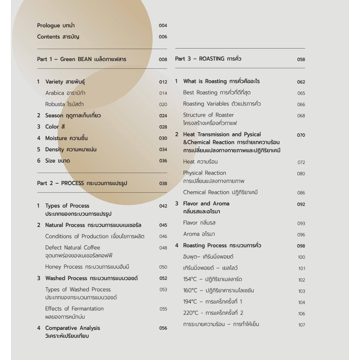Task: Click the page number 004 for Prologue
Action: click(163, 26)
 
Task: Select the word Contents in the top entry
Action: click(49, 37)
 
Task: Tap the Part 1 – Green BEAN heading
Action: click(82, 59)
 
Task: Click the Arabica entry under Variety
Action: click(65, 93)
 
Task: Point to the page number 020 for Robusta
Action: click(163, 104)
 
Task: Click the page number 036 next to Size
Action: click(163, 161)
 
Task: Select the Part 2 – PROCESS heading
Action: click(82, 183)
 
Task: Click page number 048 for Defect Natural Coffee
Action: click(163, 248)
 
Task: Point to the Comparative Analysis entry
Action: click(72, 328)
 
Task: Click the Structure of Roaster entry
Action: click(208, 115)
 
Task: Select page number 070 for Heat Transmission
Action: click(301, 135)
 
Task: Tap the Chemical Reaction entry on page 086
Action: click(220, 192)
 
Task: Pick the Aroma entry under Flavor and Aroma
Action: click(199, 234)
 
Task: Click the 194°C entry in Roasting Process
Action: click(213, 302)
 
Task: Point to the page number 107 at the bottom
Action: click(302, 325)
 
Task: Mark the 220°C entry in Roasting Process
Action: click(213, 313)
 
